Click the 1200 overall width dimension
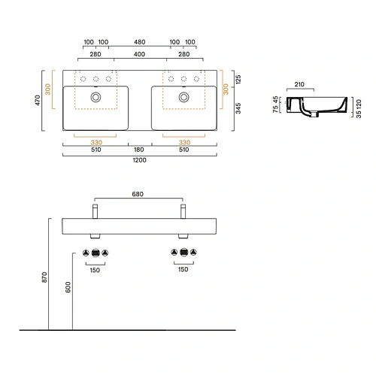click(140, 159)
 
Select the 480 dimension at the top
click(140, 42)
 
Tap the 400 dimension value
click(140, 55)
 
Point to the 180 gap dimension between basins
click(140, 149)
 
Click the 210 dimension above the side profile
click(299, 85)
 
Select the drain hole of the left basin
click(96, 96)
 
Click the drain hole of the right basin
click(183, 96)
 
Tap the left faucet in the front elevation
click(95, 210)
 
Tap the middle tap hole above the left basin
click(96, 79)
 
